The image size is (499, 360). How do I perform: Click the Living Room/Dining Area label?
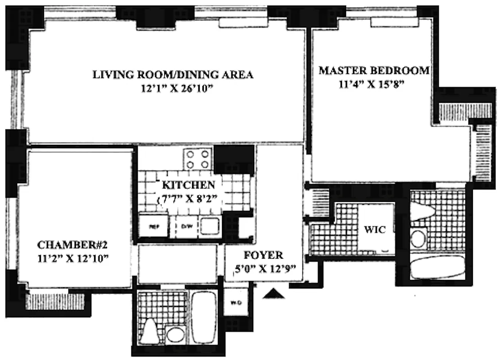pyautogui.click(x=173, y=74)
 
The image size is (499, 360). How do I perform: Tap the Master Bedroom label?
pyautogui.click(x=374, y=71)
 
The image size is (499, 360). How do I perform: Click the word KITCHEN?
pyautogui.click(x=189, y=185)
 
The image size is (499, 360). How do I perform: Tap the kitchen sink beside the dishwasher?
pyautogui.click(x=210, y=225)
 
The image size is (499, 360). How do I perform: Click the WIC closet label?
pyautogui.click(x=374, y=230)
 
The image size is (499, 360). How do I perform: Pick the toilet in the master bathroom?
pyautogui.click(x=423, y=212)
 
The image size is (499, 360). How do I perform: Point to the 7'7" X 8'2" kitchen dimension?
pyautogui.click(x=189, y=198)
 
